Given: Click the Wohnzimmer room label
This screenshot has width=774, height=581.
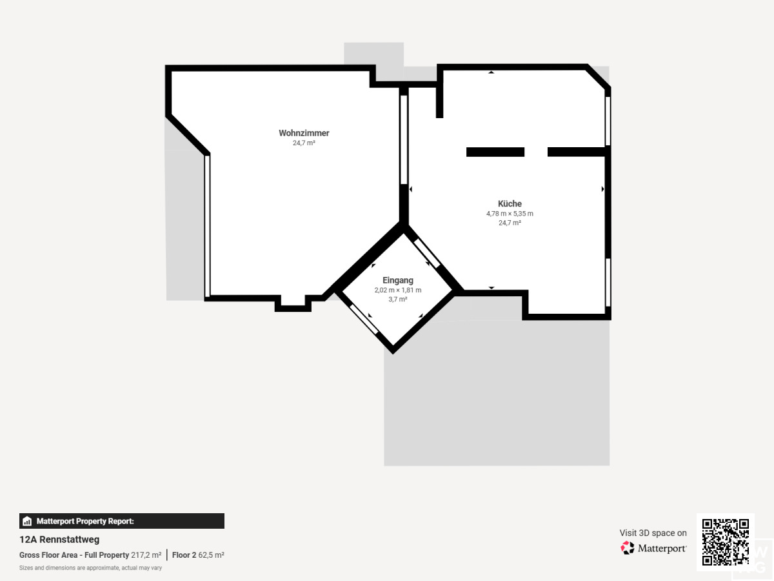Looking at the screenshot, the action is (x=304, y=133).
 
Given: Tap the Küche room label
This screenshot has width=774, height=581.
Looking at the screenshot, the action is (x=510, y=203).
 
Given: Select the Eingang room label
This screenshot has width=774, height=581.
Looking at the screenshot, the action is (x=398, y=280).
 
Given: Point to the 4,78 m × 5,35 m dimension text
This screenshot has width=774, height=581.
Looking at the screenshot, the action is (x=510, y=214).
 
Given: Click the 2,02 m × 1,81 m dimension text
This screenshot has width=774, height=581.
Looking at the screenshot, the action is (x=398, y=290).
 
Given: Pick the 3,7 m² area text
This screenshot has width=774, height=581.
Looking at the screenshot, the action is (x=398, y=299).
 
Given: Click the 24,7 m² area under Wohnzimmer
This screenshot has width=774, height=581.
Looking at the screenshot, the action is (x=304, y=143).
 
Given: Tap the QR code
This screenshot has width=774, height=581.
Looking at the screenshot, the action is (x=726, y=542).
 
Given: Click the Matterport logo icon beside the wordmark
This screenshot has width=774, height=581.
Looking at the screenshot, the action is (x=628, y=548).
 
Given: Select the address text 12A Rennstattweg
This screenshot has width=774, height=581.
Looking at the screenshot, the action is (x=59, y=540).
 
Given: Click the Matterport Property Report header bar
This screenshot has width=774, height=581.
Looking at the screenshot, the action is (x=122, y=521).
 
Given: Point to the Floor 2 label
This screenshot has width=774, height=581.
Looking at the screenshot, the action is (x=184, y=555).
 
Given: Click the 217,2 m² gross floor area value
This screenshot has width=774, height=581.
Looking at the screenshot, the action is (x=146, y=555).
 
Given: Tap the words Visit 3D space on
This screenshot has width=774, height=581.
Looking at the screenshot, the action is (x=653, y=533).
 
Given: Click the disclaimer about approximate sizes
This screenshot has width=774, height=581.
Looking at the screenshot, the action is (x=91, y=568).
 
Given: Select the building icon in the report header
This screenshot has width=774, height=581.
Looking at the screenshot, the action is (x=27, y=521).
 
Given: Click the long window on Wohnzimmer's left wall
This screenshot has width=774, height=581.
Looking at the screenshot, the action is (x=207, y=226).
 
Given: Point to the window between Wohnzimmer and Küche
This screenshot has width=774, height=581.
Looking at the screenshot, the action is (x=404, y=139).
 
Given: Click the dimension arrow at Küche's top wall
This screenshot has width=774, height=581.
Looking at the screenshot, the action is (x=491, y=72).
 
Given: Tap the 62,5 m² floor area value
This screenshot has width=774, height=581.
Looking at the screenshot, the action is (x=211, y=555).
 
